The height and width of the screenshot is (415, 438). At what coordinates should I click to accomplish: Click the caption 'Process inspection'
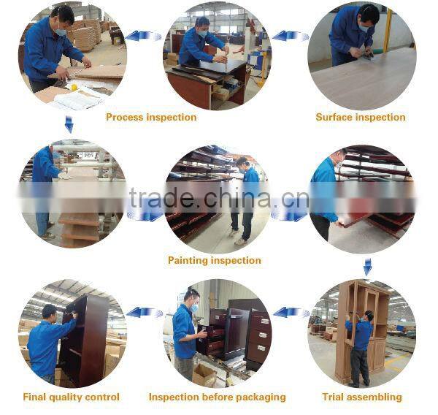pos(151,117)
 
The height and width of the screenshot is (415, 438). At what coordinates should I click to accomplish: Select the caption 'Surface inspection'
pos(361,117)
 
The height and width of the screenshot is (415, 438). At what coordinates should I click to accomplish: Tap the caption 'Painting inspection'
pos(215,260)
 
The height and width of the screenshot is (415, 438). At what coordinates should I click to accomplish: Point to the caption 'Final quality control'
pos(72,397)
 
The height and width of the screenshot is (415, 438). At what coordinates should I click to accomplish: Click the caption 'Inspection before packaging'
pos(218,397)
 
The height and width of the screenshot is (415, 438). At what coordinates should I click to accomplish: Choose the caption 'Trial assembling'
pos(362,397)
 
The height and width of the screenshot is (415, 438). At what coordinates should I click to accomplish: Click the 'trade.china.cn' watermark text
pos(219,198)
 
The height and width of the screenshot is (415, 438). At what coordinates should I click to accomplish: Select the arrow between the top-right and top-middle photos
pos(291,36)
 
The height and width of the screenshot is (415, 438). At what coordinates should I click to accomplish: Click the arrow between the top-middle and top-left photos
pos(143,36)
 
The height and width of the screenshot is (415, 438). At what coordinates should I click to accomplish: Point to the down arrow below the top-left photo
pos(69,124)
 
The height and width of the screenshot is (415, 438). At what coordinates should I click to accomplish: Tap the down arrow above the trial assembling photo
pos(368,267)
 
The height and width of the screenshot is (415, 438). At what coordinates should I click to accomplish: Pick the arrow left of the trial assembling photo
pos(291,313)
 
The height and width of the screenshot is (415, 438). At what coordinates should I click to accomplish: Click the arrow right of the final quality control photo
pos(145,313)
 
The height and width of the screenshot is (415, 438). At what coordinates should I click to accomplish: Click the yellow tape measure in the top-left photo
pos(74,88)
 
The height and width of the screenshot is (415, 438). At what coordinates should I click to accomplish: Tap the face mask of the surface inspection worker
pos(364,28)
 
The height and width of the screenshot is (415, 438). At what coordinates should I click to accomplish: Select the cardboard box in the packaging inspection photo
pos(204,375)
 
